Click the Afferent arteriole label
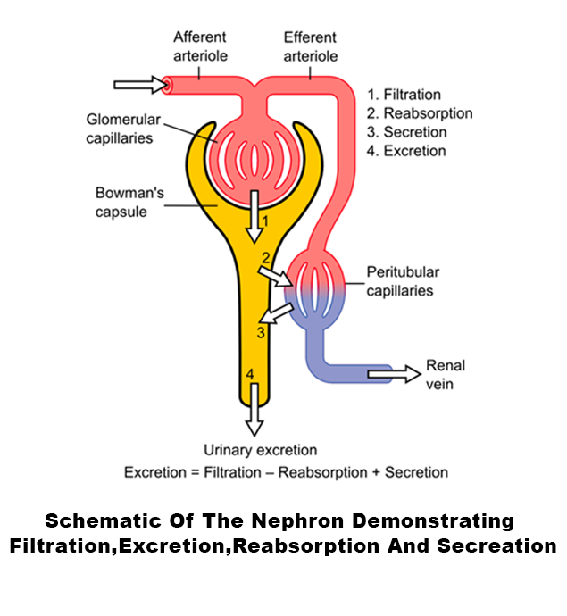(200, 46)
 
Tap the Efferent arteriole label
(310, 46)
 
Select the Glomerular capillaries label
(120, 129)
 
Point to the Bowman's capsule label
(121, 202)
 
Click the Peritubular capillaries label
(404, 281)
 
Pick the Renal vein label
(446, 375)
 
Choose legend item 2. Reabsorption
(421, 113)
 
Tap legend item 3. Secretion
(408, 132)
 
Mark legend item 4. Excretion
(407, 151)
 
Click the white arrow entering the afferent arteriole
(141, 85)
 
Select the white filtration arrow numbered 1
(254, 215)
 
